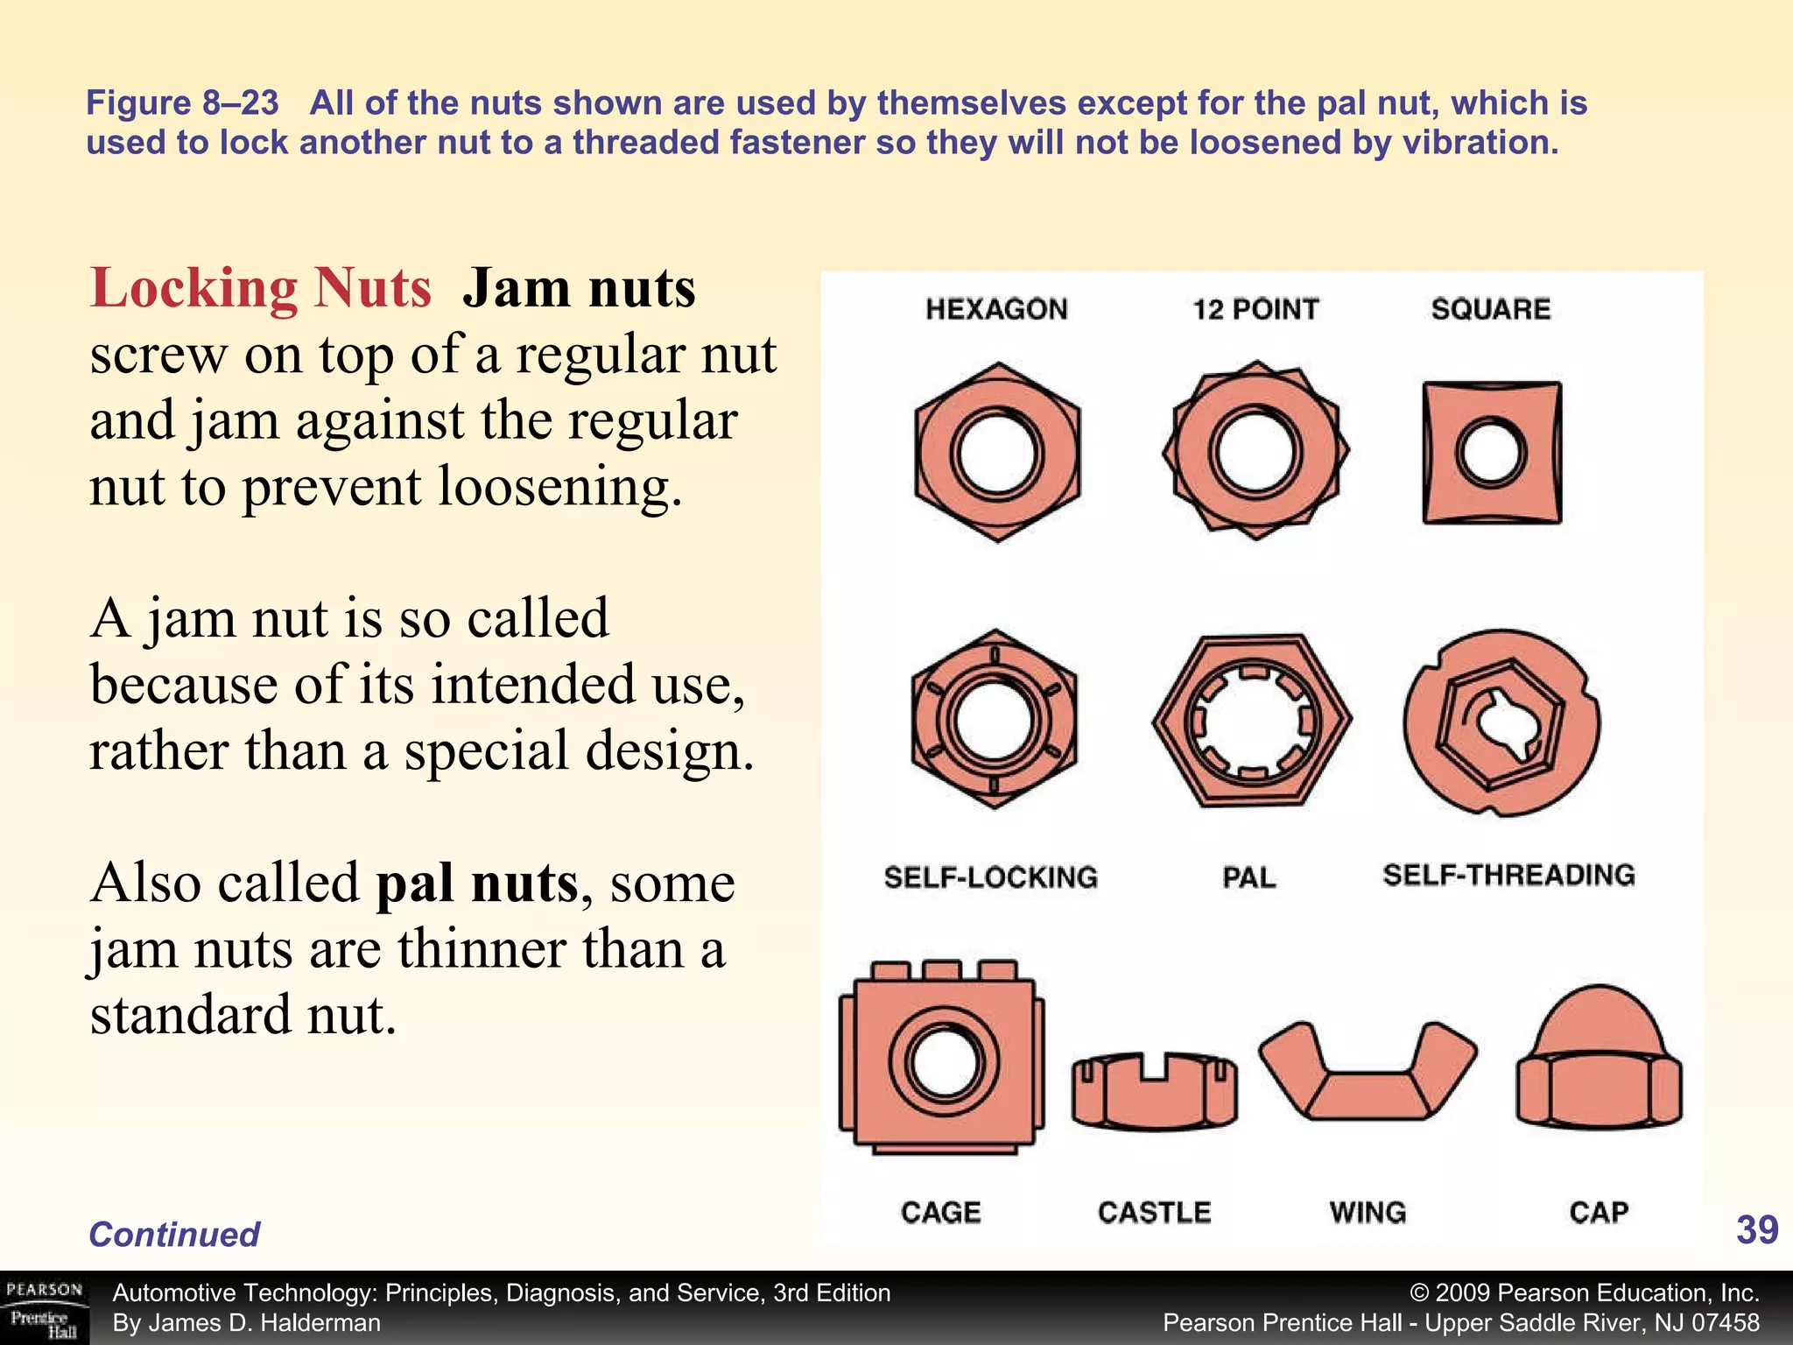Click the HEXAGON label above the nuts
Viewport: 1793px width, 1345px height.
[996, 309]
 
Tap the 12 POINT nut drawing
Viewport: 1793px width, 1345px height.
[1255, 450]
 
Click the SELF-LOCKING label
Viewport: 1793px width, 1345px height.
[990, 877]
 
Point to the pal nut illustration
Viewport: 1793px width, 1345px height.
[1252, 721]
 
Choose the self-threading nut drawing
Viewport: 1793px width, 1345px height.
[1501, 723]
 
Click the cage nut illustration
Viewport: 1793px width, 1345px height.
[942, 1060]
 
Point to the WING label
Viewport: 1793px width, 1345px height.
[1368, 1212]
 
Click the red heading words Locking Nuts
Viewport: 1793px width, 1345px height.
[260, 288]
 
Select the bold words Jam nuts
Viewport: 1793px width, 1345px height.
[579, 288]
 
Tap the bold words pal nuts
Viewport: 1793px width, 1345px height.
[477, 883]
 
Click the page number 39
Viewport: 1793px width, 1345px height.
[1756, 1230]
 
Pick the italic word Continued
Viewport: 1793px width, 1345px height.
[174, 1234]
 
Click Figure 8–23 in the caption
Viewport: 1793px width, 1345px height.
[182, 103]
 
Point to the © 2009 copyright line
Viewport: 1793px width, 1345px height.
[1585, 1292]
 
